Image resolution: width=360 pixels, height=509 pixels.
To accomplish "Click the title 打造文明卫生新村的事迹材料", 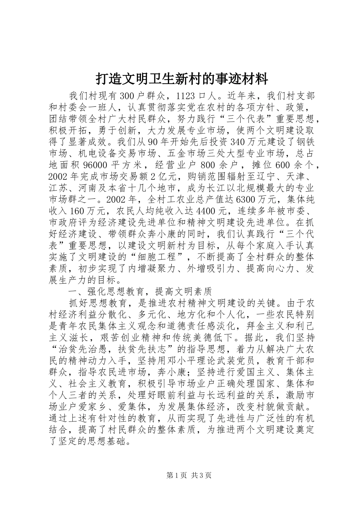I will point(182,79).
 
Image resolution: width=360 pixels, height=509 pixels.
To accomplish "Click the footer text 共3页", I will point(201,475).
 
